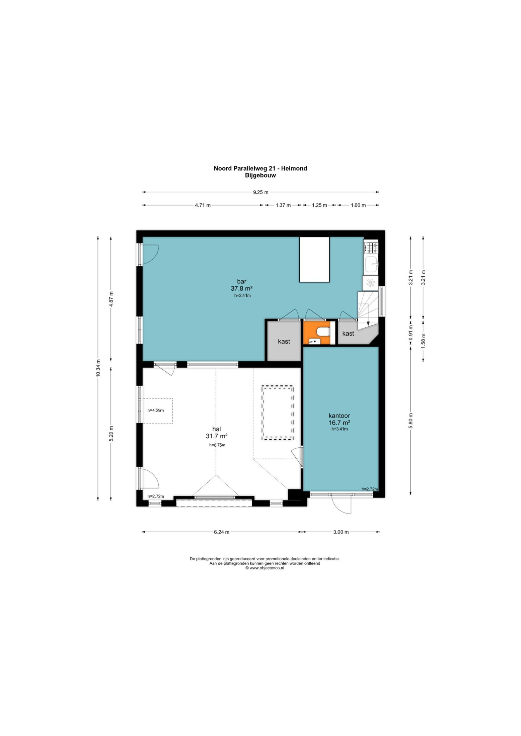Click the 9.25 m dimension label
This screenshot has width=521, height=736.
[x=260, y=192]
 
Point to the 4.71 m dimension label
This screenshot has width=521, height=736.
[x=203, y=205]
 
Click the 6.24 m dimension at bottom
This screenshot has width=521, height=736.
[x=221, y=532]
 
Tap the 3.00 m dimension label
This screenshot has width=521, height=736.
[x=341, y=532]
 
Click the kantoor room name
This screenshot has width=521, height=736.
[x=339, y=416]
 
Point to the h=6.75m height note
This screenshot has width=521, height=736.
[x=217, y=445]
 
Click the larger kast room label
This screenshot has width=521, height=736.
[x=284, y=341]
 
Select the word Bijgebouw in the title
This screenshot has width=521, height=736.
[x=260, y=175]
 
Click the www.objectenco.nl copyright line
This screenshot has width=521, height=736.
[x=265, y=568]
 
